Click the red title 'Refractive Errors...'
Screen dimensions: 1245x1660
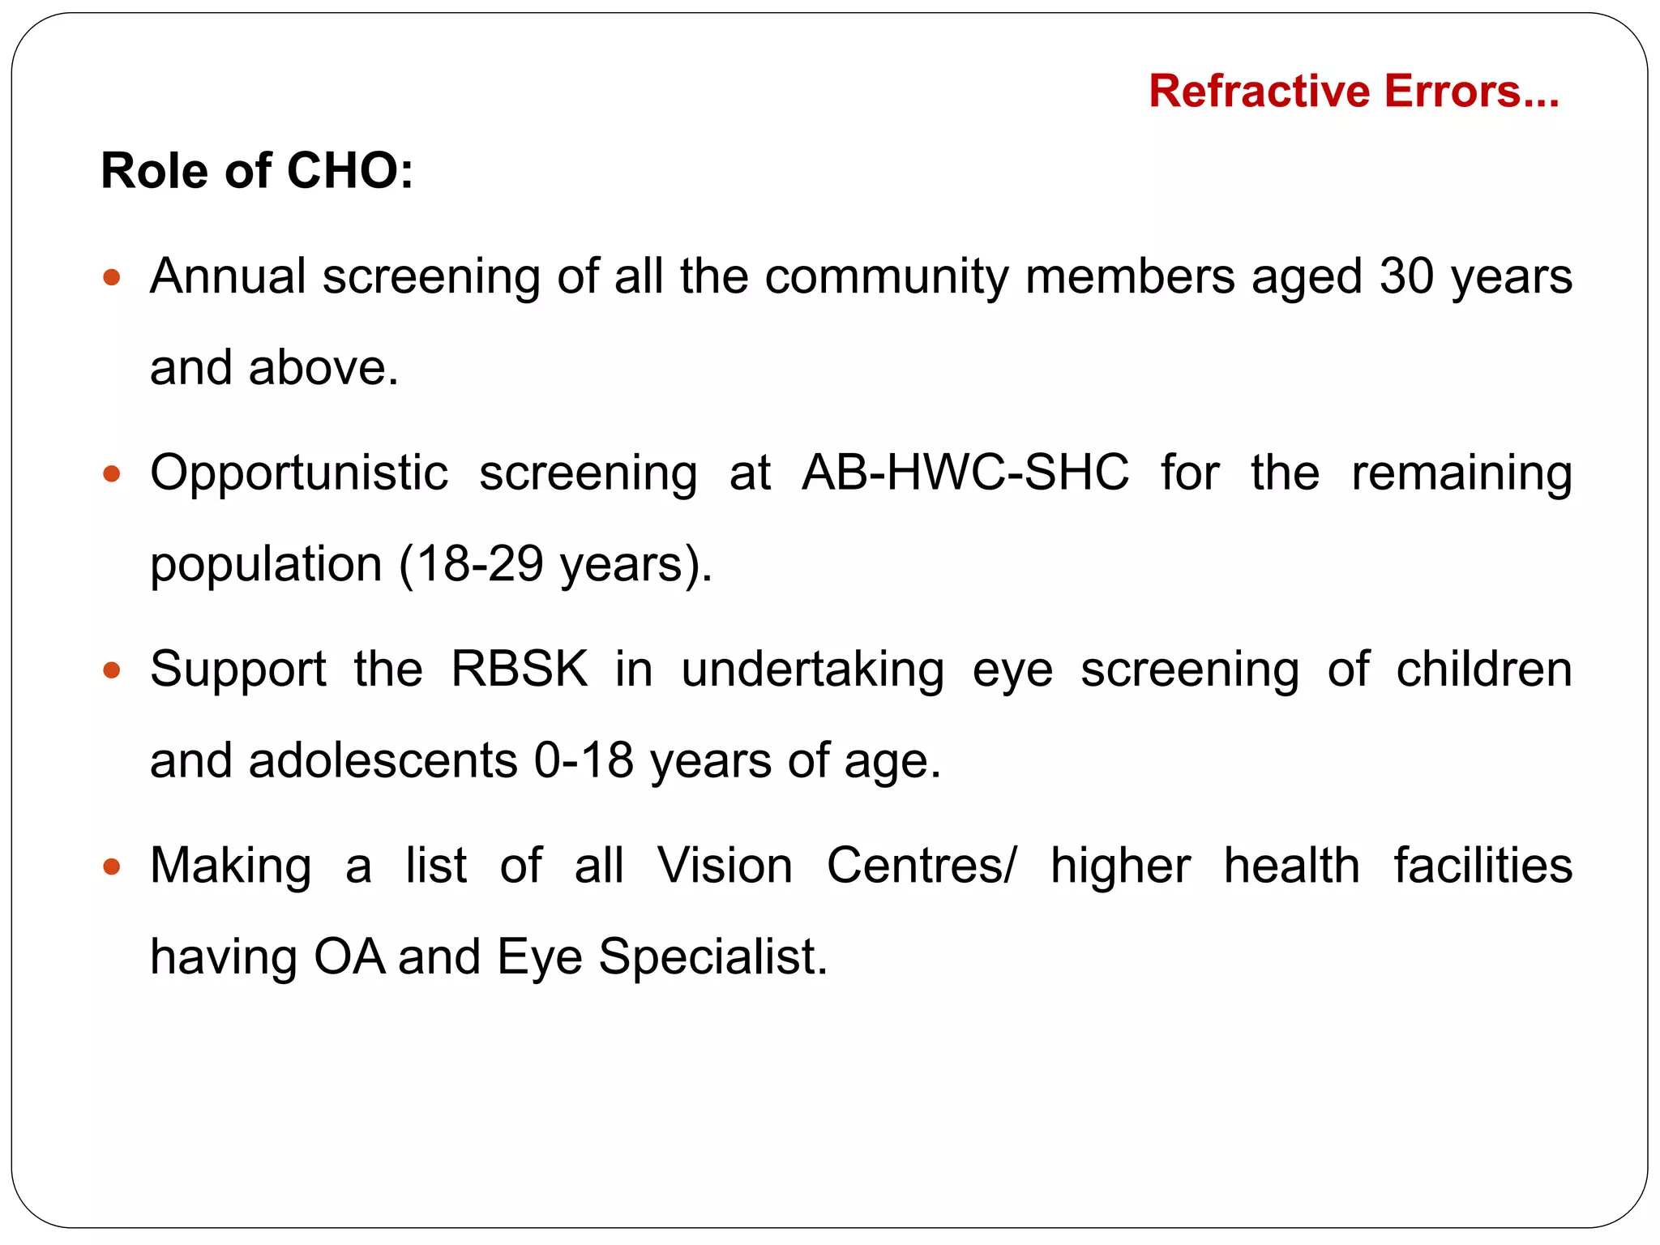coord(1353,91)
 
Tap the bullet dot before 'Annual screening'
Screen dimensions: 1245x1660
coord(112,278)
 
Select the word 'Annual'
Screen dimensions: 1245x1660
coord(228,276)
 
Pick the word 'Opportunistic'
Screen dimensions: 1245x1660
coord(299,473)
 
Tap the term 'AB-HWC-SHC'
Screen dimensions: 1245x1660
coord(965,473)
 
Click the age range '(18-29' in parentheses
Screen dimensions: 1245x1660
coord(471,564)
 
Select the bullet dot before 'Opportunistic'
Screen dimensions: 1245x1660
coord(112,473)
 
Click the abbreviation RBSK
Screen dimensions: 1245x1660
coord(520,670)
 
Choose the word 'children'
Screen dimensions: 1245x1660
coord(1483,670)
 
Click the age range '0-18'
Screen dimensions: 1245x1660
coord(584,761)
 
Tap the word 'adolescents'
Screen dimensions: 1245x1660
coord(383,761)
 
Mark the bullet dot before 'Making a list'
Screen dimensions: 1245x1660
coord(112,866)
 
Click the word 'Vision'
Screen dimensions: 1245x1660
coord(725,866)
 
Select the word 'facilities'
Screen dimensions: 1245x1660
coord(1483,866)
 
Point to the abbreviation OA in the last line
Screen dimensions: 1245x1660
coord(349,957)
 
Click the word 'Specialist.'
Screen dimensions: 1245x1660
coord(713,957)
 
